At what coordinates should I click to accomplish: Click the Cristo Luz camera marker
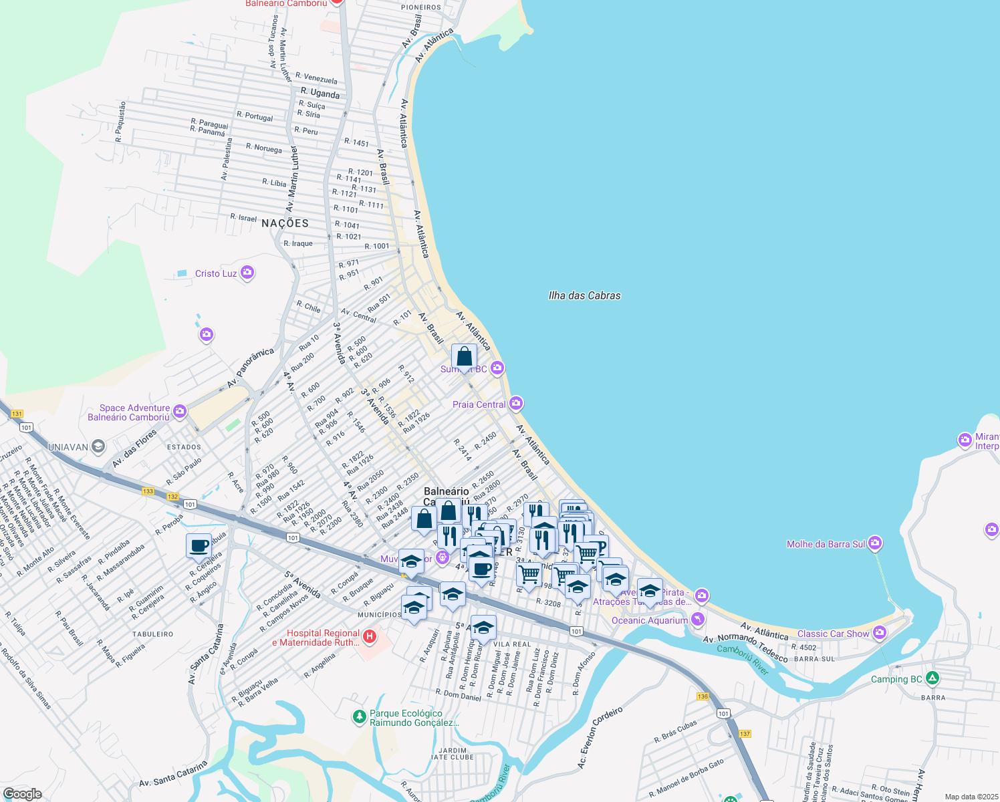click(247, 273)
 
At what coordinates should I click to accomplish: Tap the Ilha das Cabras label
click(584, 295)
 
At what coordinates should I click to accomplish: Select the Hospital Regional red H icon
click(370, 637)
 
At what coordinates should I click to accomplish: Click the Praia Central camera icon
click(515, 404)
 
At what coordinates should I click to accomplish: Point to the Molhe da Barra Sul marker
click(875, 543)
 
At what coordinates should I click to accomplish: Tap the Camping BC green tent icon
click(932, 678)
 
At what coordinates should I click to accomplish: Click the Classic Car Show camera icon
click(879, 632)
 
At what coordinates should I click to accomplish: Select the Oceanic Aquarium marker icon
click(698, 620)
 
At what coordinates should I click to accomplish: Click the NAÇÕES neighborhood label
click(285, 223)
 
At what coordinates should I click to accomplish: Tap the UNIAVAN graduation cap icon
click(98, 446)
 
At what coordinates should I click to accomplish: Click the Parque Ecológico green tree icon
click(360, 717)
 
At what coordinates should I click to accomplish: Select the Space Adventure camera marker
click(179, 412)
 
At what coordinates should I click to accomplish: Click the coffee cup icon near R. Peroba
click(199, 545)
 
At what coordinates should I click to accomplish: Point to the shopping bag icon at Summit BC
click(464, 357)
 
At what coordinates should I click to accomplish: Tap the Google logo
click(22, 793)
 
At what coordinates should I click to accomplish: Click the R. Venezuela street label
click(316, 78)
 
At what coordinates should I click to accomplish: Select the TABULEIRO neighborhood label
click(152, 634)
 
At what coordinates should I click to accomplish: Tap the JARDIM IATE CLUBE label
click(453, 754)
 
